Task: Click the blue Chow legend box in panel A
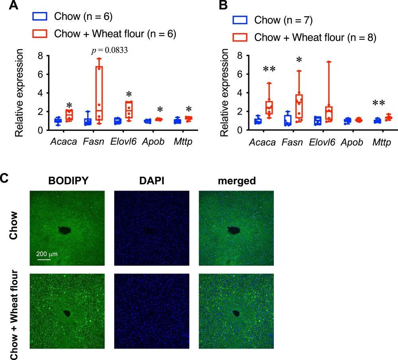tap(40, 16)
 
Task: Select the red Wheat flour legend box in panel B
tap(240, 37)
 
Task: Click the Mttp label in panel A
tap(183, 142)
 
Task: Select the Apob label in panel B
tap(351, 142)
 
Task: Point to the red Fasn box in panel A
tap(99, 93)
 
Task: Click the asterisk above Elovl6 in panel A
tap(129, 95)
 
